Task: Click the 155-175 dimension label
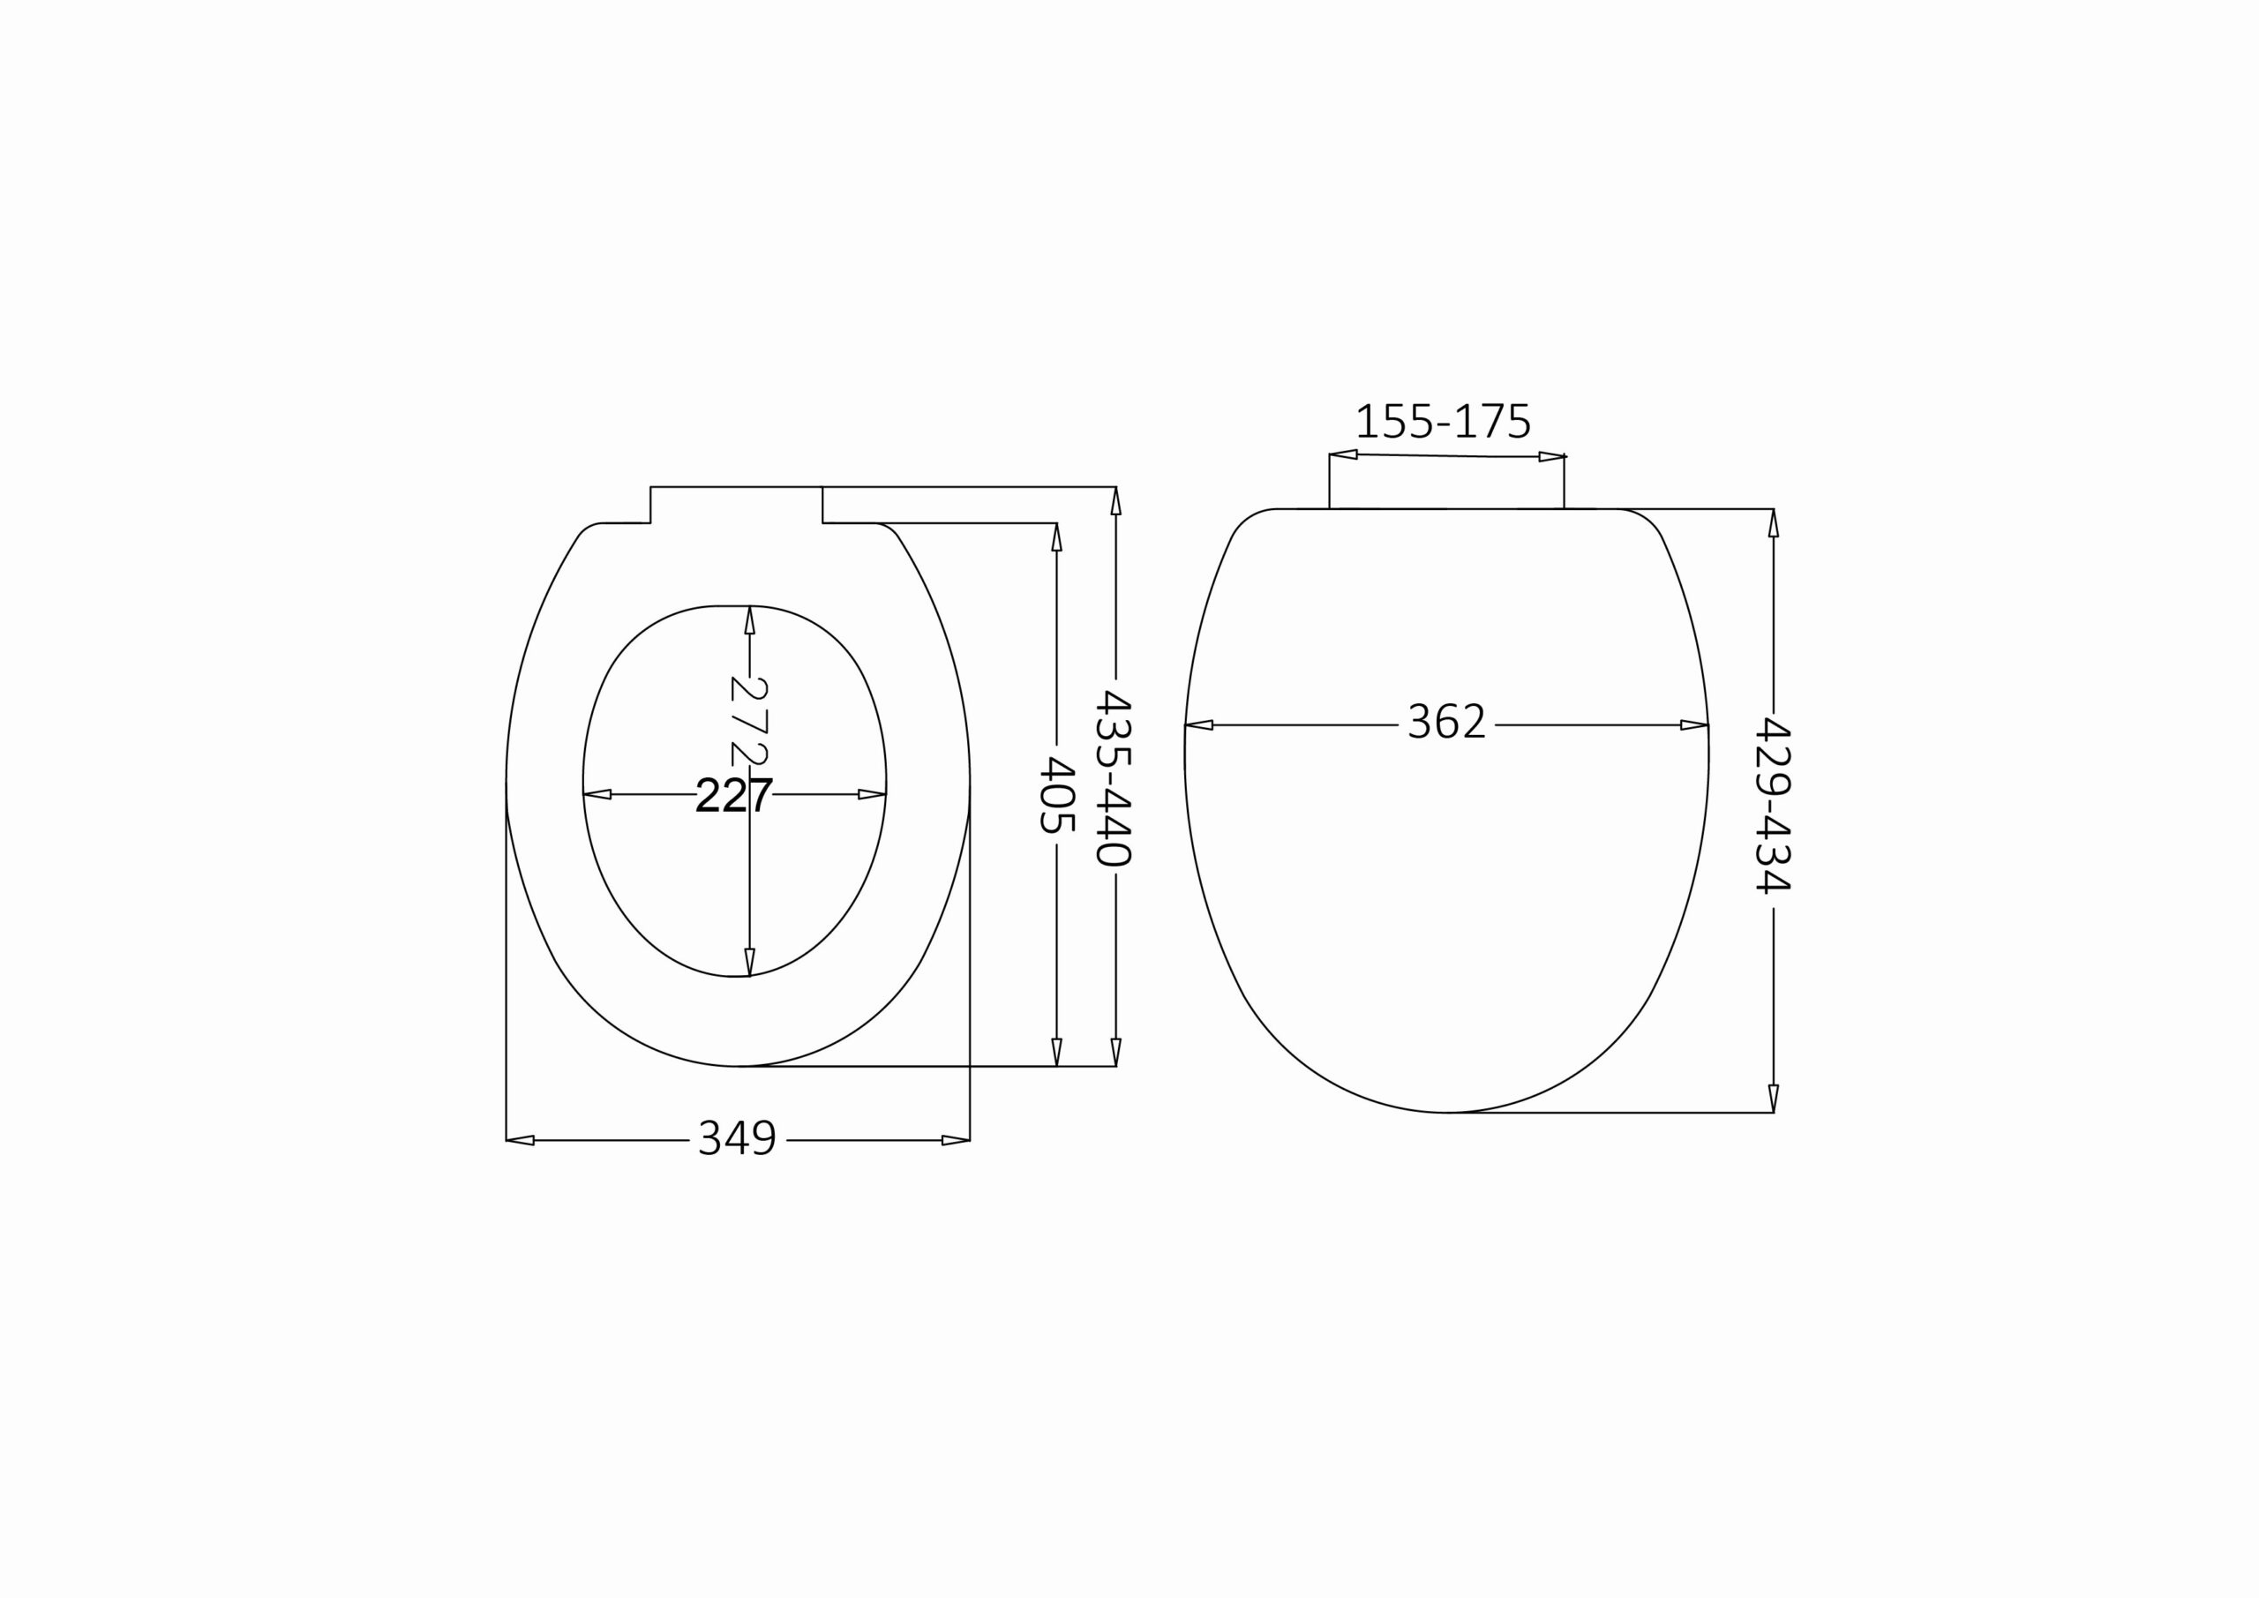coord(1444,421)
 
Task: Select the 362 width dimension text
coord(1446,721)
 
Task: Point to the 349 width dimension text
coord(738,1138)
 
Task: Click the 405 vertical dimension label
coord(1056,794)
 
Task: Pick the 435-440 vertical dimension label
coord(1114,778)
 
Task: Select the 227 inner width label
coord(734,795)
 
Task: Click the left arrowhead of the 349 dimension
coord(520,1140)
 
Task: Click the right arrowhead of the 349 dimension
coord(956,1140)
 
